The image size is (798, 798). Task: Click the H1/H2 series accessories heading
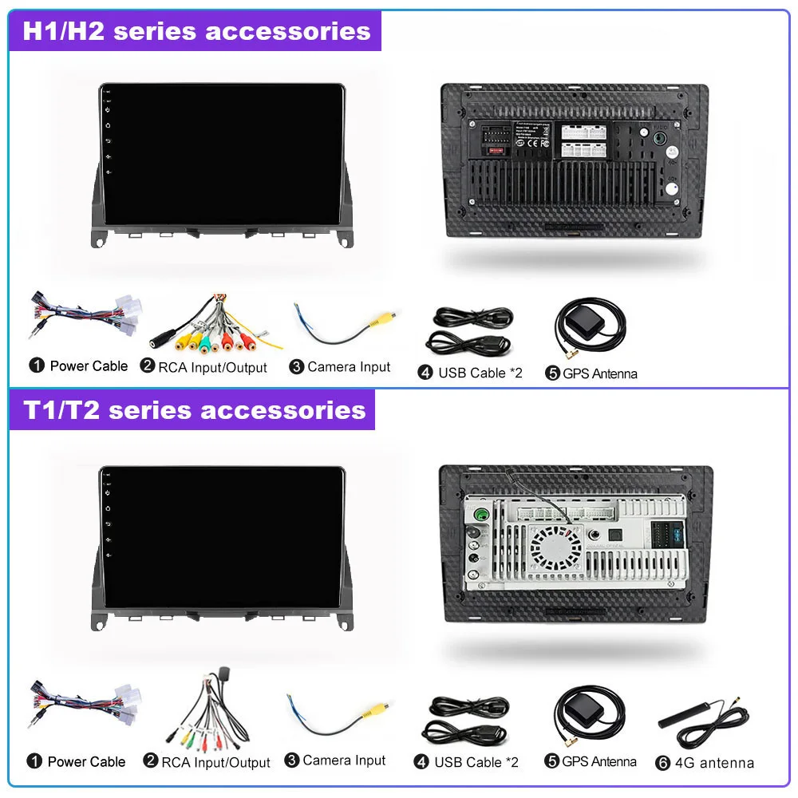[196, 31]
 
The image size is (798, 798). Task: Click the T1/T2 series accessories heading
[194, 410]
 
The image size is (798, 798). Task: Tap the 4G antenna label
[714, 763]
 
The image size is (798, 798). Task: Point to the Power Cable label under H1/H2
[89, 366]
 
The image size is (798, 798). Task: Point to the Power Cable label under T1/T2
[86, 762]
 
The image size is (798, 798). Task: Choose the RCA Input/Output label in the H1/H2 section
[212, 367]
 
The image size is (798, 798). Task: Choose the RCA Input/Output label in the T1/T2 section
[215, 763]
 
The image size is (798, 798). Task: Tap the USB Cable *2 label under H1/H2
[480, 373]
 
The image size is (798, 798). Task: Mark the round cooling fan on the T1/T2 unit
[556, 547]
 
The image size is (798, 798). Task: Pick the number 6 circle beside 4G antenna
[662, 763]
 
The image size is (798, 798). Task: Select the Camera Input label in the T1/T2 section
[344, 761]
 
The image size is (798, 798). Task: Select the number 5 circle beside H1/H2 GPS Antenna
[552, 373]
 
